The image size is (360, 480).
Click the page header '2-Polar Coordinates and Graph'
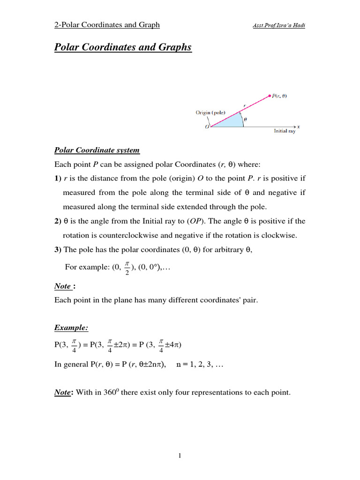point(107,25)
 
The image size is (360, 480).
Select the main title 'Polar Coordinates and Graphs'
point(123,47)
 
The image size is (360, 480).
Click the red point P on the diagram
point(269,96)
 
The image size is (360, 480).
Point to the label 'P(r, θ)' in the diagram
point(280,96)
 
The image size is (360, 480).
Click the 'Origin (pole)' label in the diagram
point(210,112)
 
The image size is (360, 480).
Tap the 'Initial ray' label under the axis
point(285,132)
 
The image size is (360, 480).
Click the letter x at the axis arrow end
point(299,127)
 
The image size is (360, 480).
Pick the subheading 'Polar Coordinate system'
point(97,150)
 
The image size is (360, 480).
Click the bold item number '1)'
point(58,179)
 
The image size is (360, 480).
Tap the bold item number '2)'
point(58,221)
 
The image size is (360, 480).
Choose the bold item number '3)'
point(58,250)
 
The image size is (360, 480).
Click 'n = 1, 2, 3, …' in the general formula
point(200,366)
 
